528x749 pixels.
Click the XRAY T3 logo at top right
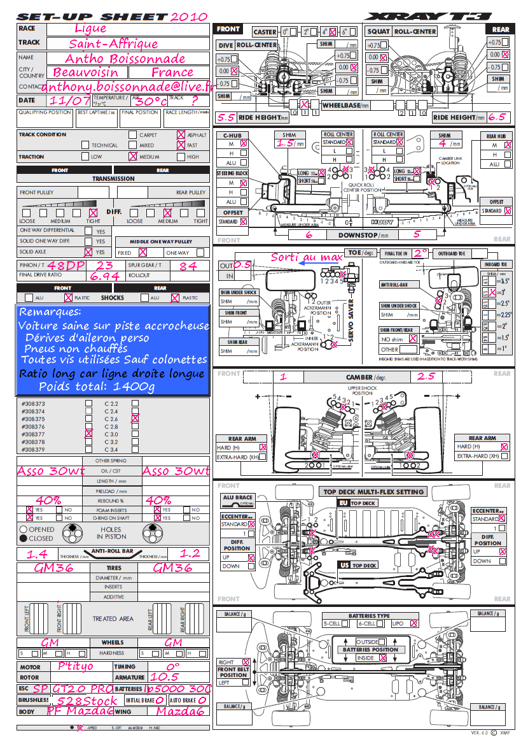pos(438,16)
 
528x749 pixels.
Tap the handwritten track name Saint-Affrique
pos(113,44)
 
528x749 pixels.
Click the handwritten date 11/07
pos(70,101)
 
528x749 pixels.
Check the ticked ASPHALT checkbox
pos(181,135)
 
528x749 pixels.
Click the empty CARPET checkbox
pos(132,135)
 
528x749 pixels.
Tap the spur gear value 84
pos(188,266)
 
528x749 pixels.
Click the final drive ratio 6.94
pos(105,277)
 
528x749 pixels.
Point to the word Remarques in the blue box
pos(50,313)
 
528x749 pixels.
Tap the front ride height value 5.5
pos(226,117)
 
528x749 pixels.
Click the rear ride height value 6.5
pos(497,117)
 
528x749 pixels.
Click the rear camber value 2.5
pos(426,376)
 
